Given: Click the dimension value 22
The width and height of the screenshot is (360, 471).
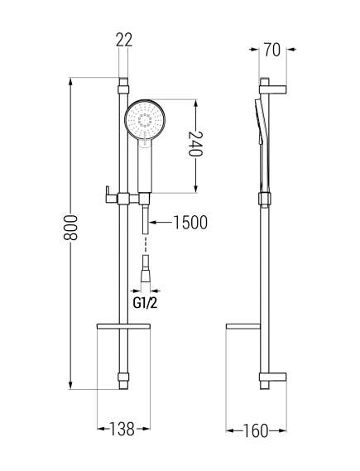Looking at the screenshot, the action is coord(124,40).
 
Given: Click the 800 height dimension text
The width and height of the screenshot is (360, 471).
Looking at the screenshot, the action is coord(70,227).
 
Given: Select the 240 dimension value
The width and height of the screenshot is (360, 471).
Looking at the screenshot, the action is coord(195,143).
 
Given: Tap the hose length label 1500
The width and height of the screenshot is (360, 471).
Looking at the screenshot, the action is coord(190,223).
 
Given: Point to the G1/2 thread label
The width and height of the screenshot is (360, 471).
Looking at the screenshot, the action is coord(146,303).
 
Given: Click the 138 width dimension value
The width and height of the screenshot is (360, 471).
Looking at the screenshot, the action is coord(122,429).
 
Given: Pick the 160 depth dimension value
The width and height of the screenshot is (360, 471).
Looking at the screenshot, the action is coord(255,431).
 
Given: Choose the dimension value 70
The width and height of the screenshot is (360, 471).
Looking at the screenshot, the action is coord(272,50).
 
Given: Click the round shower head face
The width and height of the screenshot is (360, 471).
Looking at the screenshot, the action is coord(145,119).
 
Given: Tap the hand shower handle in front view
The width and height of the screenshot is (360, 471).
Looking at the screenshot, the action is coord(146,166).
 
